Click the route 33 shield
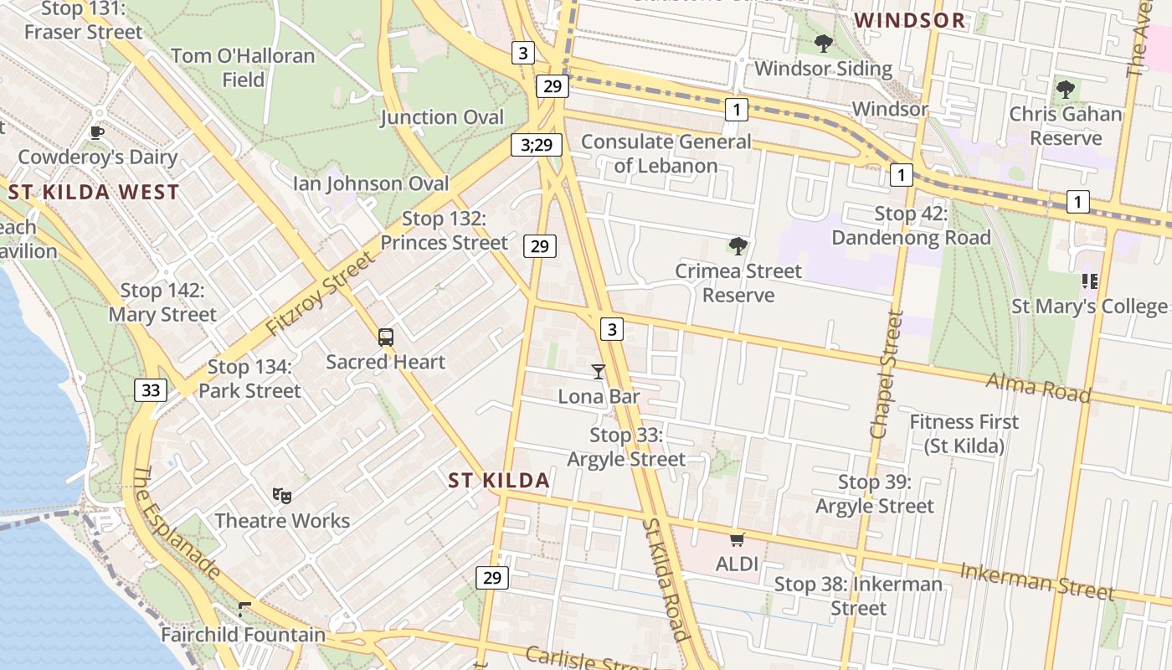pos(151,389)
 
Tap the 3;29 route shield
pos(537,145)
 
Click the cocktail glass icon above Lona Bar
pos(599,371)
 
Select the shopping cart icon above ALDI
pos(737,539)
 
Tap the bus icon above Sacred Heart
pos(385,338)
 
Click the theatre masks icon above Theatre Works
pos(282,497)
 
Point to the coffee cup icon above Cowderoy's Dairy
pos(97,132)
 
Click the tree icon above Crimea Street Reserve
pos(738,245)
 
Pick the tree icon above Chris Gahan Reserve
pos(1065,89)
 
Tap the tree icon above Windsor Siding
pos(823,44)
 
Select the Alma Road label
pos(1038,387)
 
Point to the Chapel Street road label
pos(887,374)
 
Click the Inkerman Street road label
pos(1037,581)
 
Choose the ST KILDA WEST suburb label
pos(94,192)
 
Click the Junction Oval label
pos(443,117)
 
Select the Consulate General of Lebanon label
pos(666,153)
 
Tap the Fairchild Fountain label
pos(243,634)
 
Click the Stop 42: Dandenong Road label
pos(911,225)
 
